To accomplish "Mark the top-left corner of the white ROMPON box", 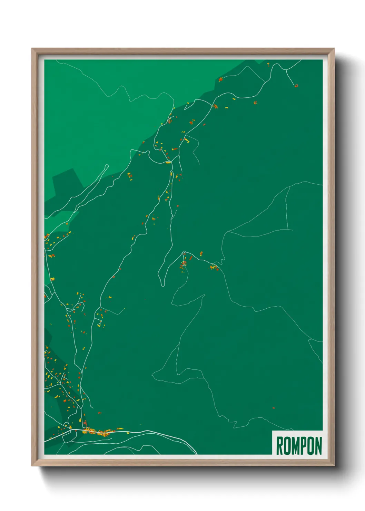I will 273,431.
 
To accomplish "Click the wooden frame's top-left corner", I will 32,48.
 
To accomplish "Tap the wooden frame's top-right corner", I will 334,48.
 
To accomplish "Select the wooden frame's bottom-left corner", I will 32,466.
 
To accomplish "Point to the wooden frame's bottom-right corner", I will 334,466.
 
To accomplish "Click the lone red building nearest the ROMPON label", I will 274,408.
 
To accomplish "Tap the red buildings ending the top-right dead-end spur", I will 296,85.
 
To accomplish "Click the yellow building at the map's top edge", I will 268,63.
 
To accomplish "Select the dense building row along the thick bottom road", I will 98,431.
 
